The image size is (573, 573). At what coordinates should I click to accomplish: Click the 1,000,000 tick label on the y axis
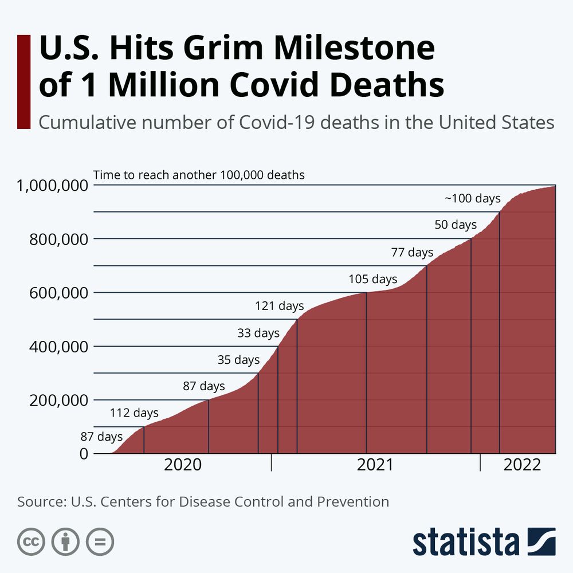click(53, 186)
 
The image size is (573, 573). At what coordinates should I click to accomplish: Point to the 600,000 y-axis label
click(58, 293)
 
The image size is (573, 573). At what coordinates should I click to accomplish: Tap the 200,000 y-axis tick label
click(58, 400)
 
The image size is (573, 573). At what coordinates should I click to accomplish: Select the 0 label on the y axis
click(84, 454)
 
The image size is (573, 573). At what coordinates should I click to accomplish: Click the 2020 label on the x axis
click(183, 465)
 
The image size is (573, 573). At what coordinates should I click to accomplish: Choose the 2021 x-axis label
click(375, 465)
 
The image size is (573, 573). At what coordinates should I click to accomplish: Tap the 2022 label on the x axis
click(522, 465)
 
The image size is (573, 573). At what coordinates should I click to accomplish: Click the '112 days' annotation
click(134, 413)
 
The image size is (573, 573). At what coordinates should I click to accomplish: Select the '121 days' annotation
click(279, 306)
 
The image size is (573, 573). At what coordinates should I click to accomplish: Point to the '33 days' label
click(258, 333)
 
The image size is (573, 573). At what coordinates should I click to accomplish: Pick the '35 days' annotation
click(238, 360)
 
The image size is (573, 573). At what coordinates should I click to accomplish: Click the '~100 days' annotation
click(473, 199)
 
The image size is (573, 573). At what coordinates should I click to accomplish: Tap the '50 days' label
click(456, 225)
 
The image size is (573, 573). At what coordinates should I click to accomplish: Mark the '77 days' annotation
click(412, 252)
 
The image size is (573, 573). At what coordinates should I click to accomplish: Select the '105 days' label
click(373, 279)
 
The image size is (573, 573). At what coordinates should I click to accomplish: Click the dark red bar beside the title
click(23, 81)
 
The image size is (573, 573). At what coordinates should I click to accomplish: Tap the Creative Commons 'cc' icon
click(32, 541)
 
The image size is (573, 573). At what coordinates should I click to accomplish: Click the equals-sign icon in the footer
click(100, 541)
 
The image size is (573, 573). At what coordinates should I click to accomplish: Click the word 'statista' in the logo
click(466, 542)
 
